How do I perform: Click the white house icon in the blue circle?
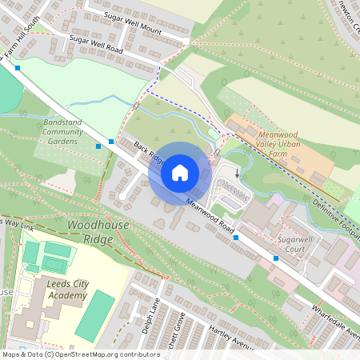pyautogui.click(x=180, y=172)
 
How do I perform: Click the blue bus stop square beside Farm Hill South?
pyautogui.click(x=17, y=68)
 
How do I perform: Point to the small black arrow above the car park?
pyautogui.click(x=237, y=174)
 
